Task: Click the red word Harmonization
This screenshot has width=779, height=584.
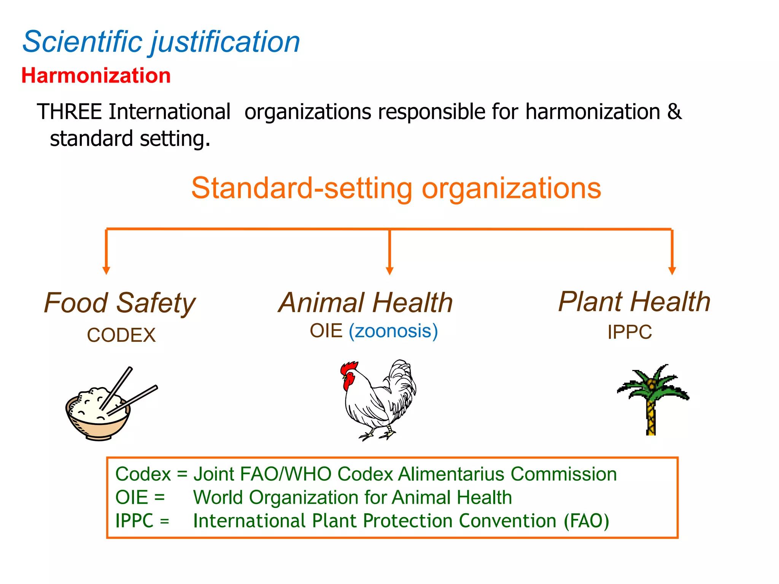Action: pyautogui.click(x=96, y=75)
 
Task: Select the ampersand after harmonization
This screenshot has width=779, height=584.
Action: pyautogui.click(x=674, y=112)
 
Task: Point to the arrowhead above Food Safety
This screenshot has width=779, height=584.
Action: pyautogui.click(x=107, y=270)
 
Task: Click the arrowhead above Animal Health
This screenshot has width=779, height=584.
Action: pyautogui.click(x=389, y=270)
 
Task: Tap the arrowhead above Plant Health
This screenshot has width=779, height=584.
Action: pyautogui.click(x=672, y=270)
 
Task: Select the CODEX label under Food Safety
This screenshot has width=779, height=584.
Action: pyautogui.click(x=121, y=335)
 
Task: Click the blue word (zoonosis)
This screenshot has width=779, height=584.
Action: pyautogui.click(x=393, y=331)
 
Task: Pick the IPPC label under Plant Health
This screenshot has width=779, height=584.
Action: pyautogui.click(x=630, y=332)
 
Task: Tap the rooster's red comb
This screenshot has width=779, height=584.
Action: pyautogui.click(x=349, y=368)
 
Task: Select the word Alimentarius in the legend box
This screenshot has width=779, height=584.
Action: pyautogui.click(x=453, y=474)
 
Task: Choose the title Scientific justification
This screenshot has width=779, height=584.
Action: pyautogui.click(x=161, y=41)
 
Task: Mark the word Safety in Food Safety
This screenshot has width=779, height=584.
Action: pyautogui.click(x=156, y=303)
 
